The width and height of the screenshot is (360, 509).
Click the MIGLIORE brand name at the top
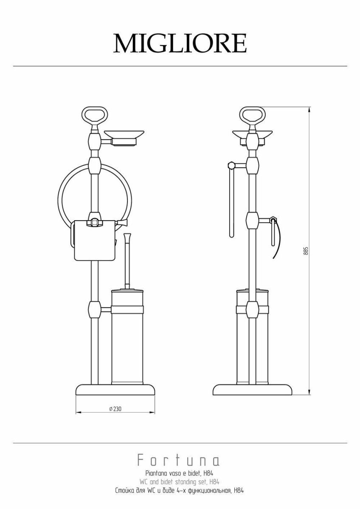tap(180, 43)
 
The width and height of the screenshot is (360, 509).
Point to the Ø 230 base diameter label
tap(115, 409)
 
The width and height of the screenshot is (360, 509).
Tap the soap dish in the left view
tap(124, 137)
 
